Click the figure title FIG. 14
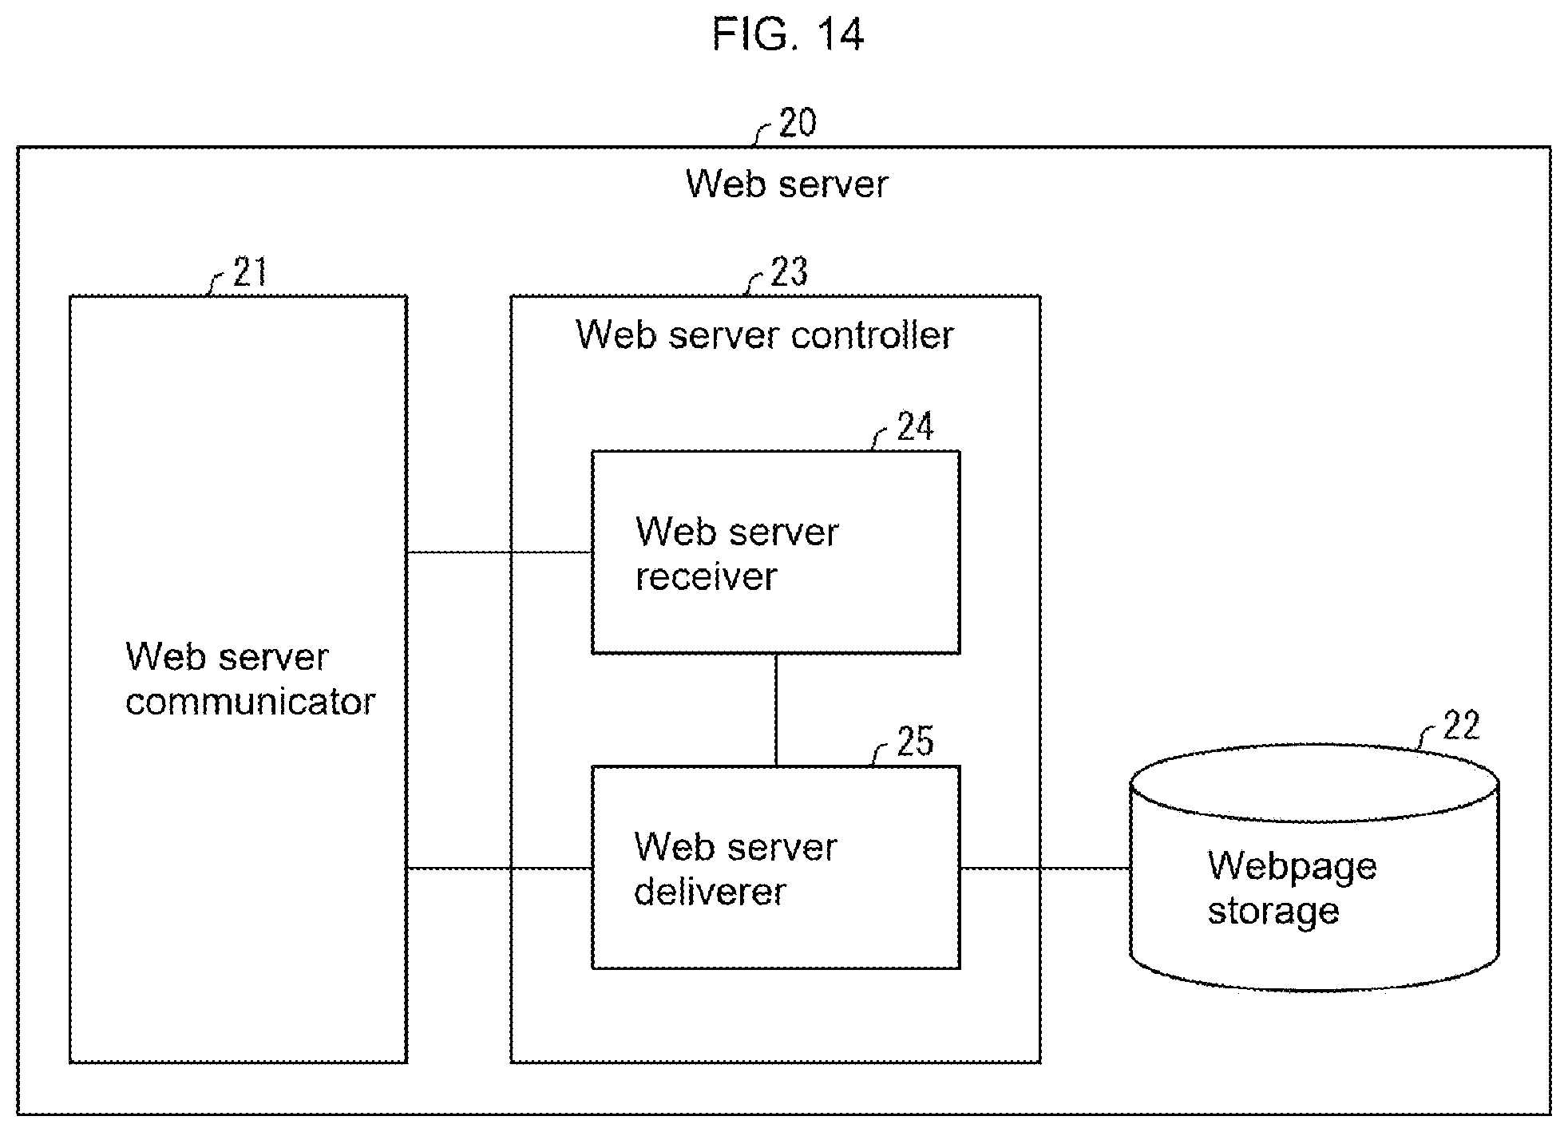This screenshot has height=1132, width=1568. (788, 34)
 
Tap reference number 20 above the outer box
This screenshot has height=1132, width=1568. (797, 123)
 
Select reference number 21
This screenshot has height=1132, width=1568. (250, 272)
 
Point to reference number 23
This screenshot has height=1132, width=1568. (789, 272)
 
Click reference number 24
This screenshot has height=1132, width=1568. (915, 426)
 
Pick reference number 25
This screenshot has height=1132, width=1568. (915, 741)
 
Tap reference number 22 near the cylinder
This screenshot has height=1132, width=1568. (1461, 725)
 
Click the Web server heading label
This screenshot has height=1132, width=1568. (786, 184)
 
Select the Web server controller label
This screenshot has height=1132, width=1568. (765, 334)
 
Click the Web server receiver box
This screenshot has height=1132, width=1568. (775, 552)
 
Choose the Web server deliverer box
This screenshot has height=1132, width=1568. (775, 868)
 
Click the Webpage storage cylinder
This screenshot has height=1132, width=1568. (1314, 868)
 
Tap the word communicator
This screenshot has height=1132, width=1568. (250, 702)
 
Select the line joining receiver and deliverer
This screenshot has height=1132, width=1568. (776, 710)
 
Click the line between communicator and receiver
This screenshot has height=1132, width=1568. (499, 552)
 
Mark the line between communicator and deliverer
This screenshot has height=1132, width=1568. (499, 868)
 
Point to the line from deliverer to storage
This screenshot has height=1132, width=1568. (1045, 868)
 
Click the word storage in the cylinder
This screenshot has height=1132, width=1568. (1273, 912)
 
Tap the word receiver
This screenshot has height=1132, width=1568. (706, 576)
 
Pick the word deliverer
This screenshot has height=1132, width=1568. (710, 891)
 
